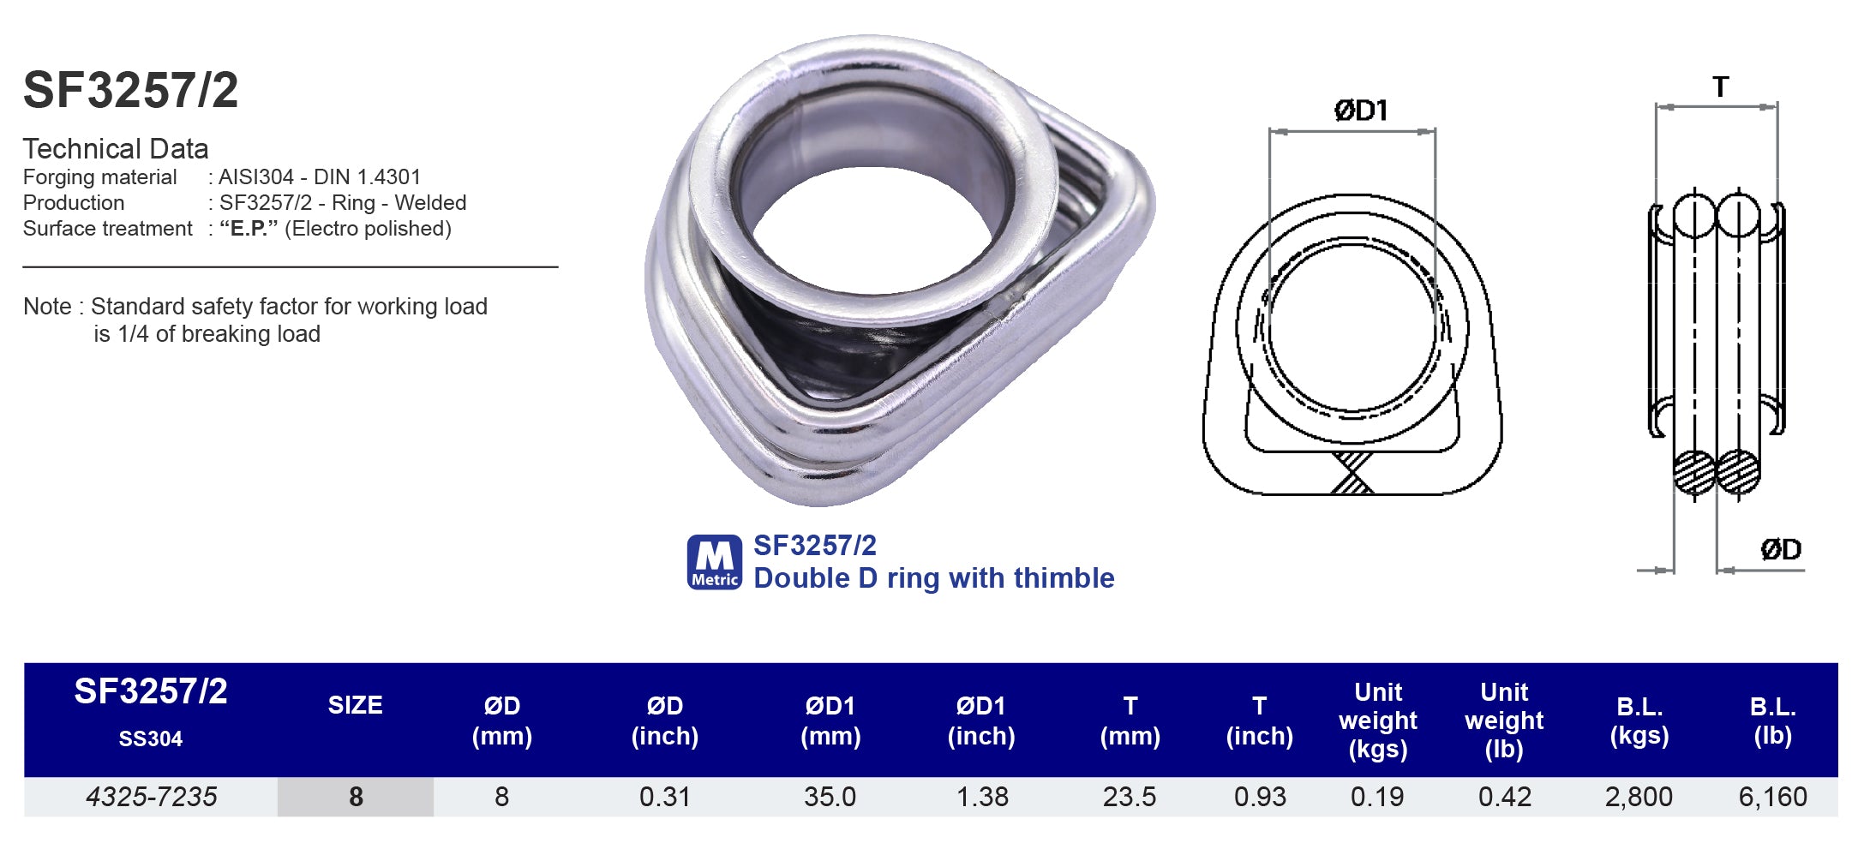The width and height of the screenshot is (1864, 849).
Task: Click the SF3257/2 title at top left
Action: [130, 91]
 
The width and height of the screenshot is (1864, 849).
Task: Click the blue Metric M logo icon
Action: [714, 563]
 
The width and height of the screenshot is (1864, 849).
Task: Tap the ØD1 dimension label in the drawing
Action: [1360, 111]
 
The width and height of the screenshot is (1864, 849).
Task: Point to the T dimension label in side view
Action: [1720, 87]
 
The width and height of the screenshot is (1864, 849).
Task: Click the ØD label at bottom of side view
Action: [1780, 550]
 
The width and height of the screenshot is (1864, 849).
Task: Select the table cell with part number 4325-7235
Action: [152, 797]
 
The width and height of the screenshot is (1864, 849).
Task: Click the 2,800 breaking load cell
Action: [1639, 797]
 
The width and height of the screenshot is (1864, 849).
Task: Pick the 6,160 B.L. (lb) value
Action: [1772, 797]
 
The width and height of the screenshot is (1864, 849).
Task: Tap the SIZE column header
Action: [355, 706]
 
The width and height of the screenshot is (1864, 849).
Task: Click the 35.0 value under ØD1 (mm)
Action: [830, 797]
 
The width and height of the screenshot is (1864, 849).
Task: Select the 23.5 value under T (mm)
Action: [1130, 797]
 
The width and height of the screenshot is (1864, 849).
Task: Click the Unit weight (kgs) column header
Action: [1377, 720]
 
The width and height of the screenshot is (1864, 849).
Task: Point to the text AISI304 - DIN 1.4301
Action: [320, 177]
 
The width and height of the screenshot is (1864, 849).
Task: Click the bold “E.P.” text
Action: [249, 229]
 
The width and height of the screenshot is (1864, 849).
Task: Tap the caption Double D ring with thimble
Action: [933, 578]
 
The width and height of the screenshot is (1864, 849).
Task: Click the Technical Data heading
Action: [116, 149]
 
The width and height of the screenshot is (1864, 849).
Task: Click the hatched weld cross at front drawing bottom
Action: [1352, 473]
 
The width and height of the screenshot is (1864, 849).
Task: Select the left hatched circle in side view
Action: [1694, 472]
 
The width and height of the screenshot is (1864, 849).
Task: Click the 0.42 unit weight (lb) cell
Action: [1504, 797]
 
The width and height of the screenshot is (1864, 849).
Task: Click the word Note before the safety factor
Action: [47, 307]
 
